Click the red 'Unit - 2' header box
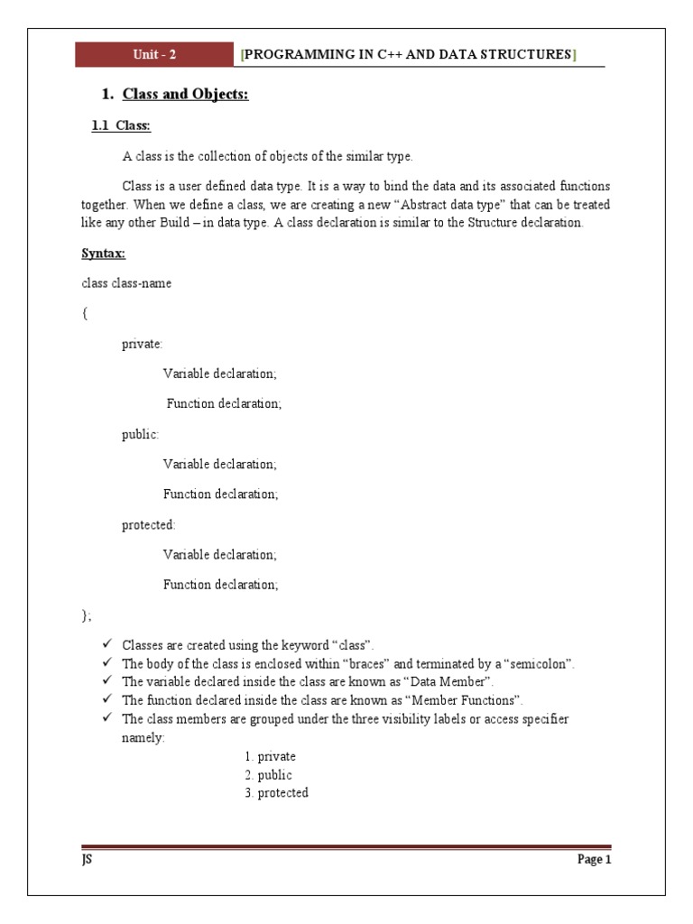click(154, 55)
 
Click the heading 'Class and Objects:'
click(185, 94)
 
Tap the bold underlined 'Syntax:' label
click(103, 254)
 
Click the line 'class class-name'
click(126, 283)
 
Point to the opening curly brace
click(84, 313)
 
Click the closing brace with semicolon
click(87, 615)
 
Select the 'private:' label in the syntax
click(143, 344)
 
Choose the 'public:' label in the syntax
click(140, 434)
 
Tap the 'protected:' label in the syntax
click(149, 524)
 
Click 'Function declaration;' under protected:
click(220, 585)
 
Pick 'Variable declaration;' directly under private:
click(220, 374)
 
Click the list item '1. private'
click(270, 756)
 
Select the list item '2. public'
click(268, 774)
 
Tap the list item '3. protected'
click(276, 792)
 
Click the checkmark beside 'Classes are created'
click(106, 645)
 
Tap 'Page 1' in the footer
click(594, 860)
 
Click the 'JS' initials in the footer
click(87, 860)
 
